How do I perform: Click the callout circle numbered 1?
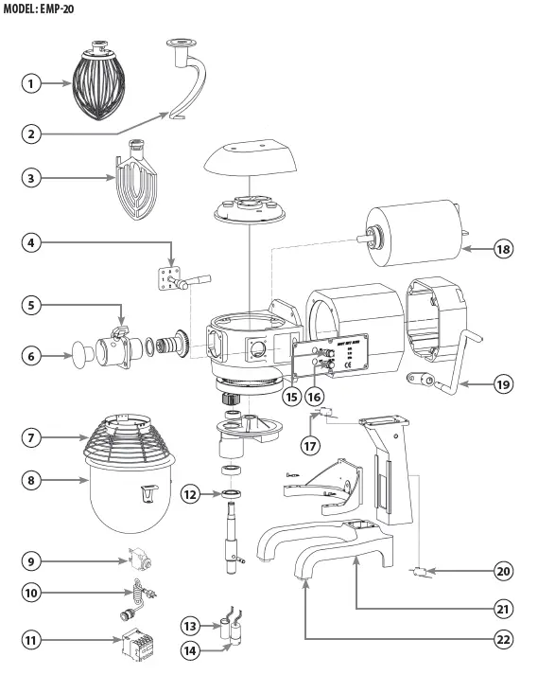tap(34, 83)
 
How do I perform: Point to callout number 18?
tap(503, 249)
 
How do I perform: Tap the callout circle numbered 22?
tap(503, 639)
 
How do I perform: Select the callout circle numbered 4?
tap(34, 244)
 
